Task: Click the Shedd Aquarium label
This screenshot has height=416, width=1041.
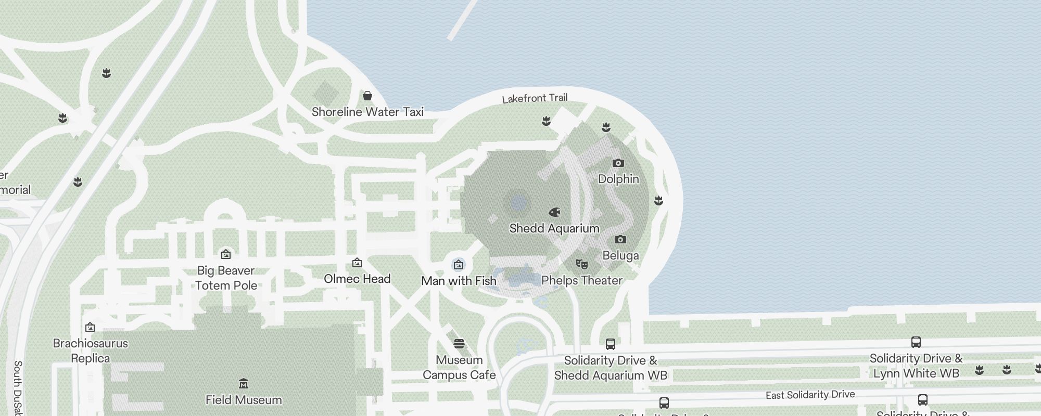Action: point(554,228)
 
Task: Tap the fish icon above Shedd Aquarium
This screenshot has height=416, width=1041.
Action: point(554,212)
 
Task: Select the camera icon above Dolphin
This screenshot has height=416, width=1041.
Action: point(618,163)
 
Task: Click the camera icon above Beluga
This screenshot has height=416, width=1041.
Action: point(620,240)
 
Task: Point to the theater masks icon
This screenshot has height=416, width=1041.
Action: point(581,264)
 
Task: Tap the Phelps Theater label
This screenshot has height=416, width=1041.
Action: point(581,280)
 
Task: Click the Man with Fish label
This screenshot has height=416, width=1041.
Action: point(459,281)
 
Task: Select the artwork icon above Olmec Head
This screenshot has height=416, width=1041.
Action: point(357,263)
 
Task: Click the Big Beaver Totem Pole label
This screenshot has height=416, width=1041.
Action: point(226,278)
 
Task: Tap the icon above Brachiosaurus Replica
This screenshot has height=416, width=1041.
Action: point(90,327)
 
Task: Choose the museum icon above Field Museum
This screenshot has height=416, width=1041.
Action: point(243,384)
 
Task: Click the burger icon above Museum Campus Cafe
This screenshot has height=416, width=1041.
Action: point(459,343)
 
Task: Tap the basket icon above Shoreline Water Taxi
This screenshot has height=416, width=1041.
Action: point(367,96)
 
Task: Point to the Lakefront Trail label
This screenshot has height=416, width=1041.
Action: point(535,98)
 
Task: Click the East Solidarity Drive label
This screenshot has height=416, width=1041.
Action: point(810,395)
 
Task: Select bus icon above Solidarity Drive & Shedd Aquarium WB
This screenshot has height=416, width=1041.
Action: point(610,344)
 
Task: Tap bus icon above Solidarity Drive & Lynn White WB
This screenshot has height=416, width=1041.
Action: point(916,342)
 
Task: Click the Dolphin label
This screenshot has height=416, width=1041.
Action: point(618,179)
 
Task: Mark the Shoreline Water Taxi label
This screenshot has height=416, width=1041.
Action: point(367,112)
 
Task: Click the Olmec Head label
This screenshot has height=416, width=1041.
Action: point(357,279)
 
